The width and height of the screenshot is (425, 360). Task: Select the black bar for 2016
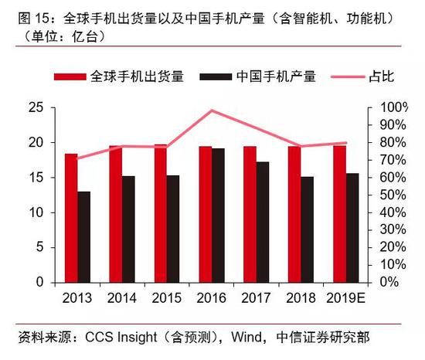(219, 215)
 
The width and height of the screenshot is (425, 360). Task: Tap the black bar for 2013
(83, 236)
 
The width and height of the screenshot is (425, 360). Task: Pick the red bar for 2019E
(339, 213)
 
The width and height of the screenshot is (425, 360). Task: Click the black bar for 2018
(308, 229)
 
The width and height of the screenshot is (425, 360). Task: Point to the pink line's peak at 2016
(212, 110)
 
